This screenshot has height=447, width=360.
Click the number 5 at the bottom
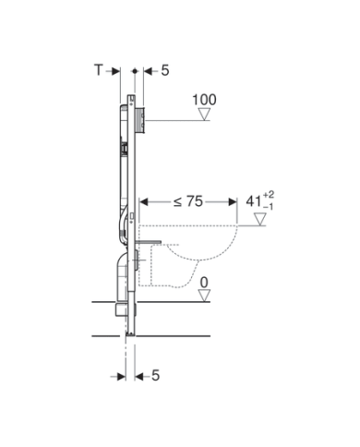(156, 376)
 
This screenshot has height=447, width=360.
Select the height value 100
(204, 99)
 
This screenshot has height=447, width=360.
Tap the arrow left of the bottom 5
(140, 377)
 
